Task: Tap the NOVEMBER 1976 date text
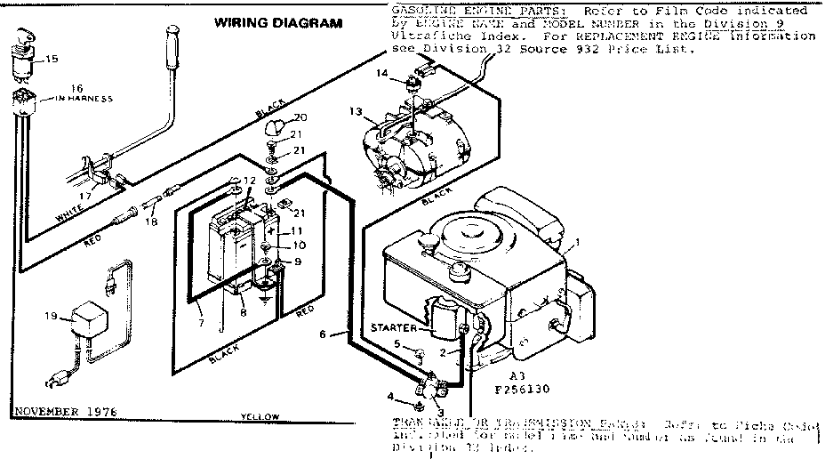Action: pyautogui.click(x=64, y=411)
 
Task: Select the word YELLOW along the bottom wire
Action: pyautogui.click(x=260, y=416)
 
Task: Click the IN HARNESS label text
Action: pyautogui.click(x=82, y=99)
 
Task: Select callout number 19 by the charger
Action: pyautogui.click(x=51, y=316)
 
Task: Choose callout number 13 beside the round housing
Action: pyautogui.click(x=356, y=112)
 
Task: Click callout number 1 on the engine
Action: pyautogui.click(x=577, y=242)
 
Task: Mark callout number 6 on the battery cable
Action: pyautogui.click(x=324, y=334)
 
